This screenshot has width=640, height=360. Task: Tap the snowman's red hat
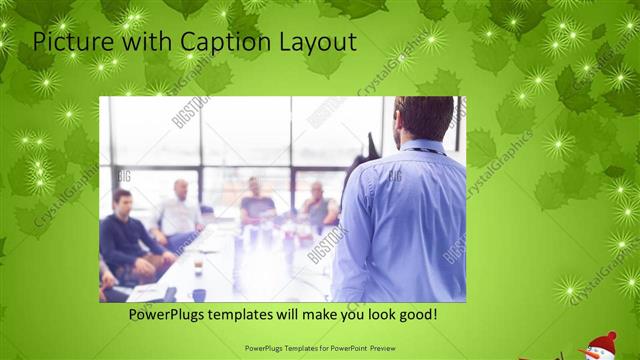point(602,340)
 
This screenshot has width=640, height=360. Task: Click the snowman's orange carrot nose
point(590,353)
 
